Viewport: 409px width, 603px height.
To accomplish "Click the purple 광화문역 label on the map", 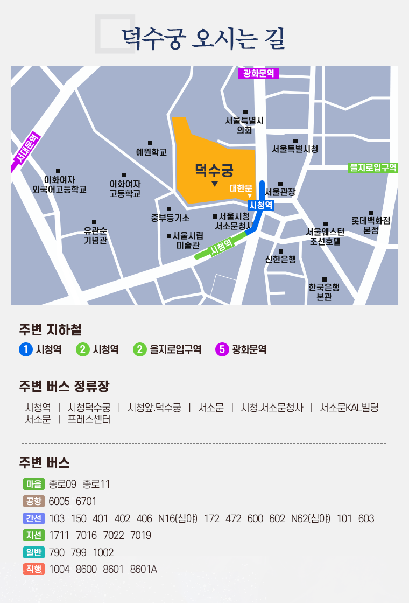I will point(258,74).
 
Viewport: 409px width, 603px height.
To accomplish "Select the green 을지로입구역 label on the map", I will point(373,167).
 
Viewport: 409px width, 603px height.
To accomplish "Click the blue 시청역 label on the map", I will point(262,205).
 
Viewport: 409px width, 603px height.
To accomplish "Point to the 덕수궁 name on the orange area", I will point(214,171).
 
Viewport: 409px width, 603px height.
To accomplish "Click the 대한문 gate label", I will point(241,188).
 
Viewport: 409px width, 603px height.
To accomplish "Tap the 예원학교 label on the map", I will point(151,152).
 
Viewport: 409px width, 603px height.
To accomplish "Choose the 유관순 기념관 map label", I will point(95,236).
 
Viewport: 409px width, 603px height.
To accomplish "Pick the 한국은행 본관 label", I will point(324,291).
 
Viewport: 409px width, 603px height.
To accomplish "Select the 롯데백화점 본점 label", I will point(371,225).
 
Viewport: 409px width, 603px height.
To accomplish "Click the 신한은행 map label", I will point(280,259).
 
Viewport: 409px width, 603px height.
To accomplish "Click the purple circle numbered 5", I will point(222,349).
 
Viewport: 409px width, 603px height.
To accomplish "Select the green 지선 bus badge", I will point(33,535).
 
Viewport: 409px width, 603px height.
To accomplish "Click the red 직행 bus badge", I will point(33,569).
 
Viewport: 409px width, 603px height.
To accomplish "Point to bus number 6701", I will point(86,501).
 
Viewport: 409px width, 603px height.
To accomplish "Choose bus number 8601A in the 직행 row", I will point(144,569).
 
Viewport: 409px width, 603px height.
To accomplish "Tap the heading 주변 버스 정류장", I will point(64,387).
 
